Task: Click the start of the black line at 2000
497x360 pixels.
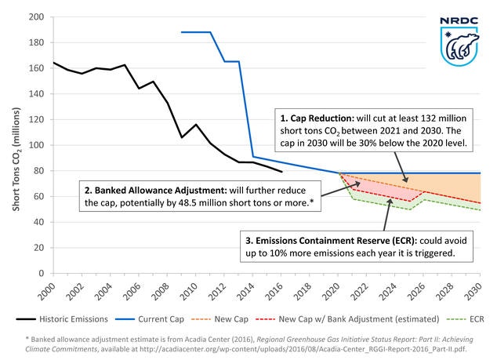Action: coord(53,63)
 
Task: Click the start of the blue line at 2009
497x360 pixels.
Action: coord(182,32)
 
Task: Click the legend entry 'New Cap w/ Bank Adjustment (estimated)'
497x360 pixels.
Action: coord(368,319)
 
